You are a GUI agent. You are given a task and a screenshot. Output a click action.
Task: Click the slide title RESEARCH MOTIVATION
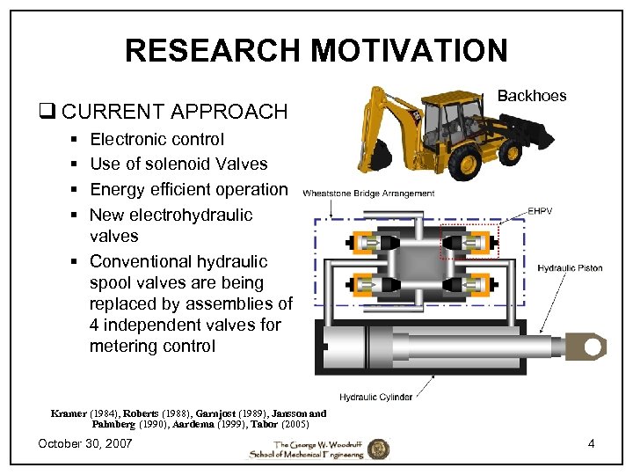coord(316,50)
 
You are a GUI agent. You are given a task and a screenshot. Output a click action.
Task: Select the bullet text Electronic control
coord(156,139)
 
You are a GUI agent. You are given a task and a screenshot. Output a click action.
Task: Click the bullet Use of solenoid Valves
coord(178,164)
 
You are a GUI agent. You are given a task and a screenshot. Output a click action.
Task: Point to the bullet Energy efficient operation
coord(188,189)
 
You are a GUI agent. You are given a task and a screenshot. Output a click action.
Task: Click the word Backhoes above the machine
coord(533,95)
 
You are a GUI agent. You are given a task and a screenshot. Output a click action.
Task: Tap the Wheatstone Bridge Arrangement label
coord(368,194)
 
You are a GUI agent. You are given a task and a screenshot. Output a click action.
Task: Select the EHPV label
coord(541,211)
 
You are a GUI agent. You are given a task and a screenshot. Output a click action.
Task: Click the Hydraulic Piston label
coord(570,267)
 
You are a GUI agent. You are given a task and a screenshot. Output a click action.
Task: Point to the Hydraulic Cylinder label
coord(375,398)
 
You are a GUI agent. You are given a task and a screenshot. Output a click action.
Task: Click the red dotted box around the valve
coord(469,242)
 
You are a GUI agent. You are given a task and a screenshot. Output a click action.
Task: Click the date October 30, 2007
coord(85,443)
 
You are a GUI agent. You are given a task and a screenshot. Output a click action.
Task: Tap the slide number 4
coord(591,443)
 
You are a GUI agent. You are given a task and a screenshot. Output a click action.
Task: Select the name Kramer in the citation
coord(69,413)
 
